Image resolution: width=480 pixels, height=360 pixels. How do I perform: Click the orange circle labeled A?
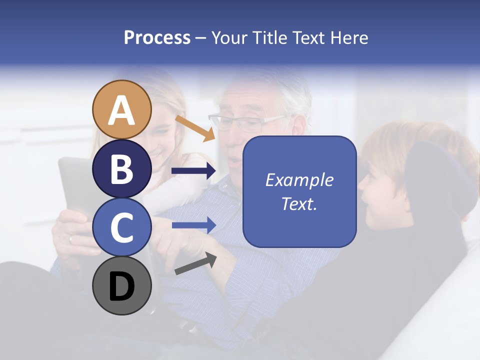click(x=121, y=109)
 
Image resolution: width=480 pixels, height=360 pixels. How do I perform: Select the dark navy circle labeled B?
click(x=121, y=168)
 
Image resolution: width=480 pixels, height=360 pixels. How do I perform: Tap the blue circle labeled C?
click(x=121, y=227)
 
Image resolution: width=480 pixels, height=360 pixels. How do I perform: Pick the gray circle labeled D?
click(x=121, y=285)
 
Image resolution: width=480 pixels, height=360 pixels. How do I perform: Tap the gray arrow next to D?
click(x=195, y=263)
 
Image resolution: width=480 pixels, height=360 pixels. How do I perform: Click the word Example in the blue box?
click(x=299, y=180)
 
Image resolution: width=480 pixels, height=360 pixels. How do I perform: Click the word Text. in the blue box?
click(x=299, y=204)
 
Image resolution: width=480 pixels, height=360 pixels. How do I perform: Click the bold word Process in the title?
click(x=157, y=37)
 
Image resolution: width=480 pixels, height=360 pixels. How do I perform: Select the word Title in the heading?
click(x=267, y=37)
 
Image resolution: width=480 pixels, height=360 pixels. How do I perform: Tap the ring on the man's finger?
click(x=70, y=239)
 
